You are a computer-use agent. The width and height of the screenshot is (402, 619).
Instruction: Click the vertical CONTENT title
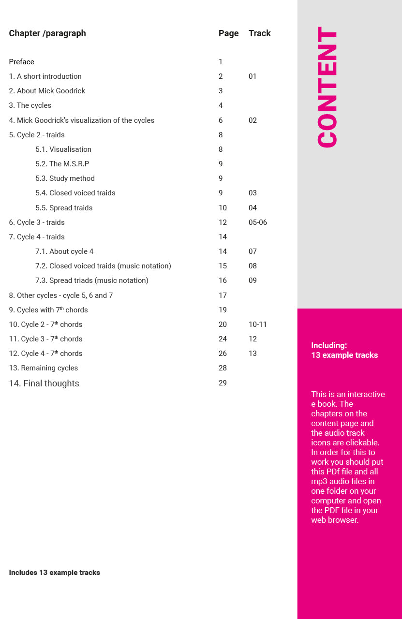328,87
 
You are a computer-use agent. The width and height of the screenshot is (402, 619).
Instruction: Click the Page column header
228,33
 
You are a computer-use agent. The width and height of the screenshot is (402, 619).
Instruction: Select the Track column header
259,33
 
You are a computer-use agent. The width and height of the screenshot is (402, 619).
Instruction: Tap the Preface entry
22,62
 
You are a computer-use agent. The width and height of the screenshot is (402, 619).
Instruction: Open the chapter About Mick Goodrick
47,91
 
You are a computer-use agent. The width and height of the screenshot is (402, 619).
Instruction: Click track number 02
253,120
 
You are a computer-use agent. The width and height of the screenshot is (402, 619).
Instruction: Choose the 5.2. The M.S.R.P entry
62,164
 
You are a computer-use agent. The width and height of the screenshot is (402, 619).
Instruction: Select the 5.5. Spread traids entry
64,208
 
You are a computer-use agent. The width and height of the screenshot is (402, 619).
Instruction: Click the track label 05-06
258,222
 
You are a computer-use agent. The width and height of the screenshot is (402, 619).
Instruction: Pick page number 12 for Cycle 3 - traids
223,222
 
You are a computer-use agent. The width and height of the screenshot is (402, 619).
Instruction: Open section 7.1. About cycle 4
64,251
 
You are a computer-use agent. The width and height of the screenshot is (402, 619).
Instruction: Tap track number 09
253,280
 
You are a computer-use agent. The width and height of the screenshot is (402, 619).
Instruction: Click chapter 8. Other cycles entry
61,295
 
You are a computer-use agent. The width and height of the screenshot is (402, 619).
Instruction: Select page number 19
223,310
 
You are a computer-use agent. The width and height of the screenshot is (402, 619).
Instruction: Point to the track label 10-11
258,324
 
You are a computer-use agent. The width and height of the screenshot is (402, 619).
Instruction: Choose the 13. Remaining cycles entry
44,368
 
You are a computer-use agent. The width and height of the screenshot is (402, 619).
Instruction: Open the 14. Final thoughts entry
44,383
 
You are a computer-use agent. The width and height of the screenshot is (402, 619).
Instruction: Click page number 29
223,383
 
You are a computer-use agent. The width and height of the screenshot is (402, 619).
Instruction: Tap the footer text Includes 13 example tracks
55,573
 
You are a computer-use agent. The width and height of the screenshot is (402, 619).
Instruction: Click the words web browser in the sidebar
335,520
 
